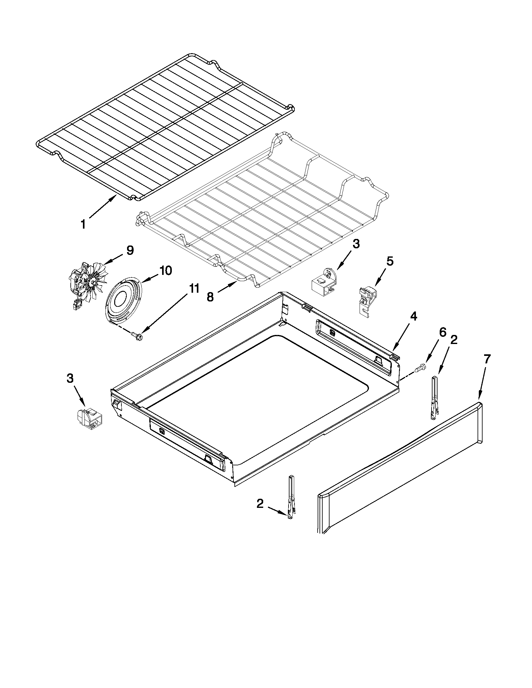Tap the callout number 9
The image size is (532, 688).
click(x=130, y=250)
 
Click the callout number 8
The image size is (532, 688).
click(x=210, y=296)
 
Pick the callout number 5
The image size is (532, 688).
click(x=390, y=261)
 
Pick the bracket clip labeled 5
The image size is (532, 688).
click(x=367, y=300)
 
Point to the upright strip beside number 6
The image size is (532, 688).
click(x=435, y=397)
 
